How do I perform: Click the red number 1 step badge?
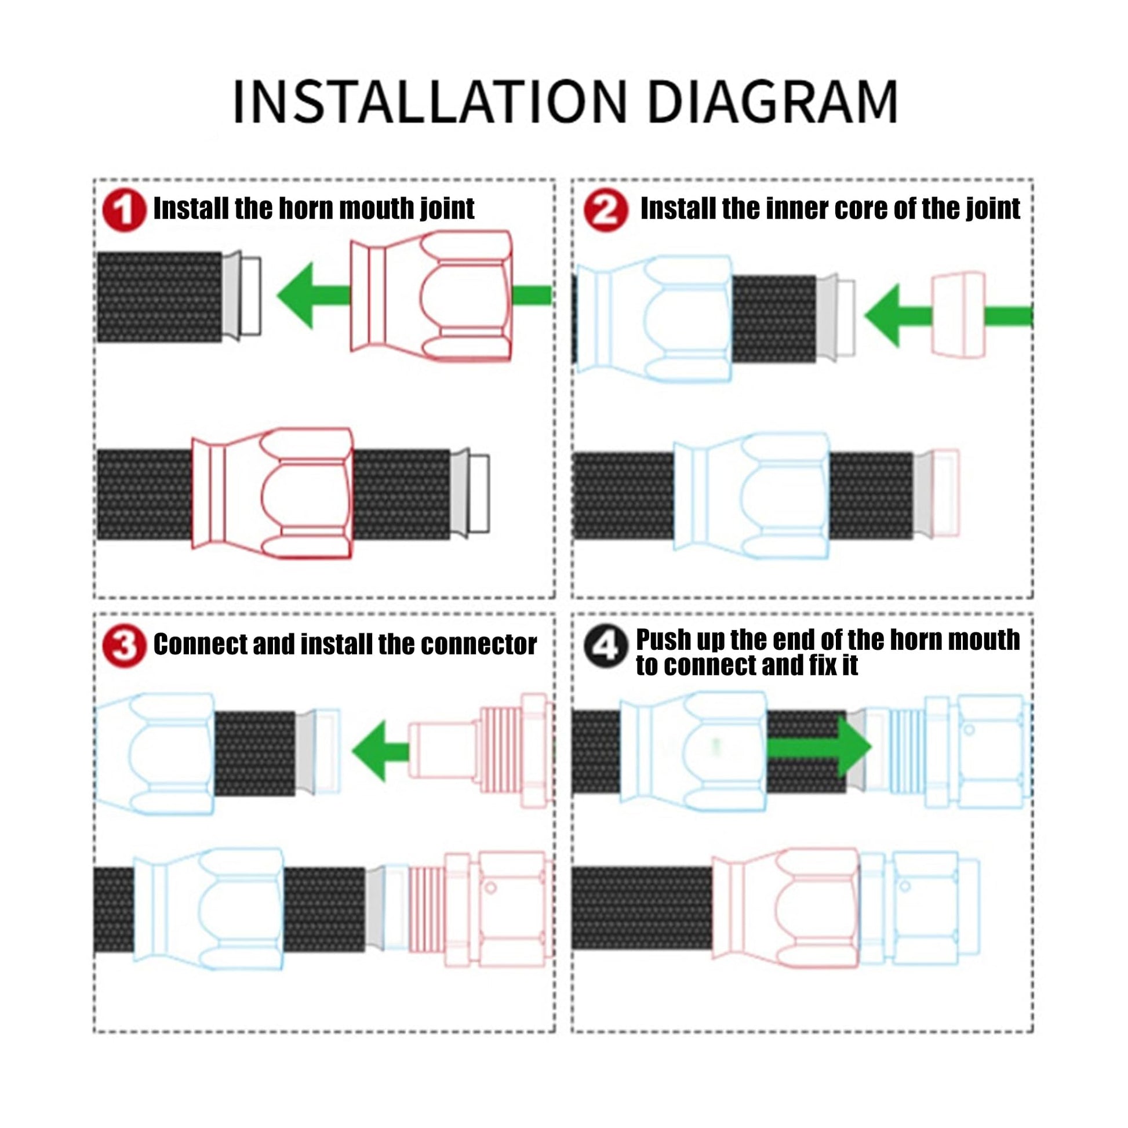pos(125,211)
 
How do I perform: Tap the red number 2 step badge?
pos(606,211)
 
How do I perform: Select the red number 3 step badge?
pos(125,646)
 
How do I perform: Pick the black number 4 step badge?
pos(606,646)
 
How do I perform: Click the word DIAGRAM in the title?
pos(773,101)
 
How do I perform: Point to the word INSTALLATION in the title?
pos(429,101)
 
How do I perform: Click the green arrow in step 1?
pos(413,295)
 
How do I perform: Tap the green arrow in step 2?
pos(948,316)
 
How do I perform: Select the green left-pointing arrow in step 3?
pos(381,751)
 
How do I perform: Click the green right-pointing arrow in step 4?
pos(819,747)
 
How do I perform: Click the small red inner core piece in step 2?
pos(958,314)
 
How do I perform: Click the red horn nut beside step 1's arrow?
pos(431,296)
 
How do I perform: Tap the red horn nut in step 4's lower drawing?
pos(786,916)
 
